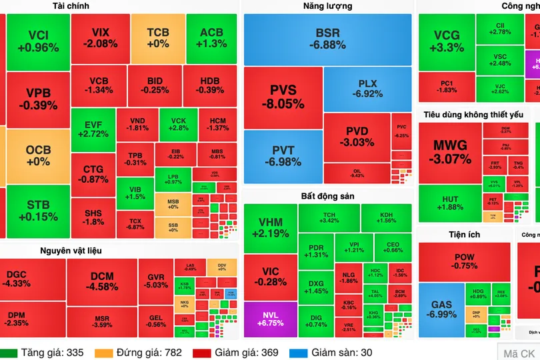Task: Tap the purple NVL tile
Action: (269, 319)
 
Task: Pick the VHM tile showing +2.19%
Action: (270, 228)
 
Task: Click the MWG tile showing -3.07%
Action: (450, 152)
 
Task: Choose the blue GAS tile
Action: (441, 309)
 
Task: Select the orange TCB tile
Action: (157, 38)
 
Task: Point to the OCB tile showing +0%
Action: (38, 155)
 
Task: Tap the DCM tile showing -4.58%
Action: (101, 281)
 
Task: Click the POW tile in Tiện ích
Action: (464, 261)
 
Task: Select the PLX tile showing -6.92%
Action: (367, 89)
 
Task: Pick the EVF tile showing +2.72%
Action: (93, 129)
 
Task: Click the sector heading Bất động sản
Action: (327, 196)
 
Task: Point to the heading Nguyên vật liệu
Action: (71, 251)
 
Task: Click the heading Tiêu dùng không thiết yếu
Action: (473, 115)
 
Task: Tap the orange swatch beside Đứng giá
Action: (103, 353)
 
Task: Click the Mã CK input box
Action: (519, 353)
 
